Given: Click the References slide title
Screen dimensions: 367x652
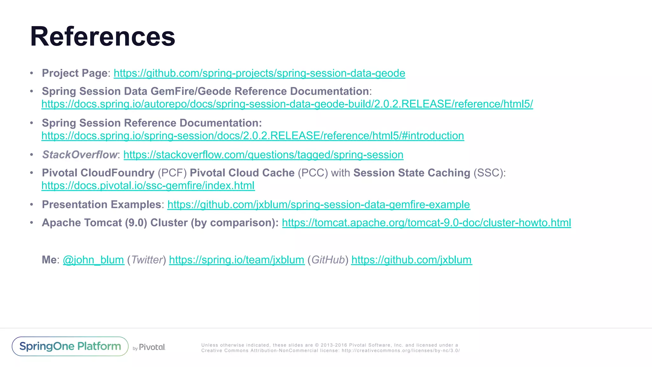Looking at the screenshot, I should tap(103, 36).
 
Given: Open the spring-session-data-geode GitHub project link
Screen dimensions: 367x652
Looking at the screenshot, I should tap(259, 73).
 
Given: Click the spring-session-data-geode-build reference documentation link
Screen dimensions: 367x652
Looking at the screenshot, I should tap(287, 104).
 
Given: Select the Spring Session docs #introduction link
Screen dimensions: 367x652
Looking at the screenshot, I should tap(252, 136).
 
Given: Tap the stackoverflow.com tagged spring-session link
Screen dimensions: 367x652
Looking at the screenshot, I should tap(263, 155).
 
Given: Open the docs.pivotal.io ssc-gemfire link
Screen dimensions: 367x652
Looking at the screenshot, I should tap(148, 186).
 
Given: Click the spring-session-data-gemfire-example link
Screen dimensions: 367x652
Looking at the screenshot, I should tap(318, 205).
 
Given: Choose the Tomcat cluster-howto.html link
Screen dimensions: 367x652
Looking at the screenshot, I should tap(426, 223).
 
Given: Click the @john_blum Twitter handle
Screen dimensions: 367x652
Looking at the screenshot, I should tap(93, 260).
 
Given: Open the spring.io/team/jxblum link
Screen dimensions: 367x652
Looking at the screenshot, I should tap(237, 260).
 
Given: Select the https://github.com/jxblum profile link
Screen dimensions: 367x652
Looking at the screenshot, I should tap(411, 260).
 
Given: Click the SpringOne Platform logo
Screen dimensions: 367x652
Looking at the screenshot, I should tap(70, 346).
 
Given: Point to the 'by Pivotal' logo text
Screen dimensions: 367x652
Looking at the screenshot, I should tap(149, 347).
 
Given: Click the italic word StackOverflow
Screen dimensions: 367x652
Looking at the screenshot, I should tap(80, 155).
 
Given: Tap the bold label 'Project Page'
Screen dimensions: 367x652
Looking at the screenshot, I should tap(75, 73).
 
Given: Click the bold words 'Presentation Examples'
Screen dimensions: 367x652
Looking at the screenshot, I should tap(101, 205).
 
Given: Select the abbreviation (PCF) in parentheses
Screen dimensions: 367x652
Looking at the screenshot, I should tap(172, 173).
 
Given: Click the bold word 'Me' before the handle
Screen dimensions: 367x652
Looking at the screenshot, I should tap(49, 260).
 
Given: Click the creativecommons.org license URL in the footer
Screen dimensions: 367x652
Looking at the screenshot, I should tap(400, 351).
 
